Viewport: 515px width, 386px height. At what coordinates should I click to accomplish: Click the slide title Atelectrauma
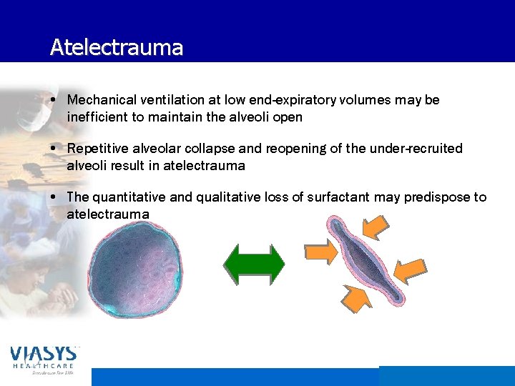[117, 48]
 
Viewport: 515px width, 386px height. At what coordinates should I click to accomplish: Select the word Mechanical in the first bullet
[99, 100]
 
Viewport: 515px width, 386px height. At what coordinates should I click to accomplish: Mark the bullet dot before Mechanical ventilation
[55, 100]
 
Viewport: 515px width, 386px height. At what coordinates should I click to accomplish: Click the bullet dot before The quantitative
[55, 197]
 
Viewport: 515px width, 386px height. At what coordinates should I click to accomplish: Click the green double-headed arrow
[254, 267]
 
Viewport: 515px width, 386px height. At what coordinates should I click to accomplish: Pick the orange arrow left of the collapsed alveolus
[319, 252]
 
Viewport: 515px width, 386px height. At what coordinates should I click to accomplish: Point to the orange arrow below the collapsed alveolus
[355, 300]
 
